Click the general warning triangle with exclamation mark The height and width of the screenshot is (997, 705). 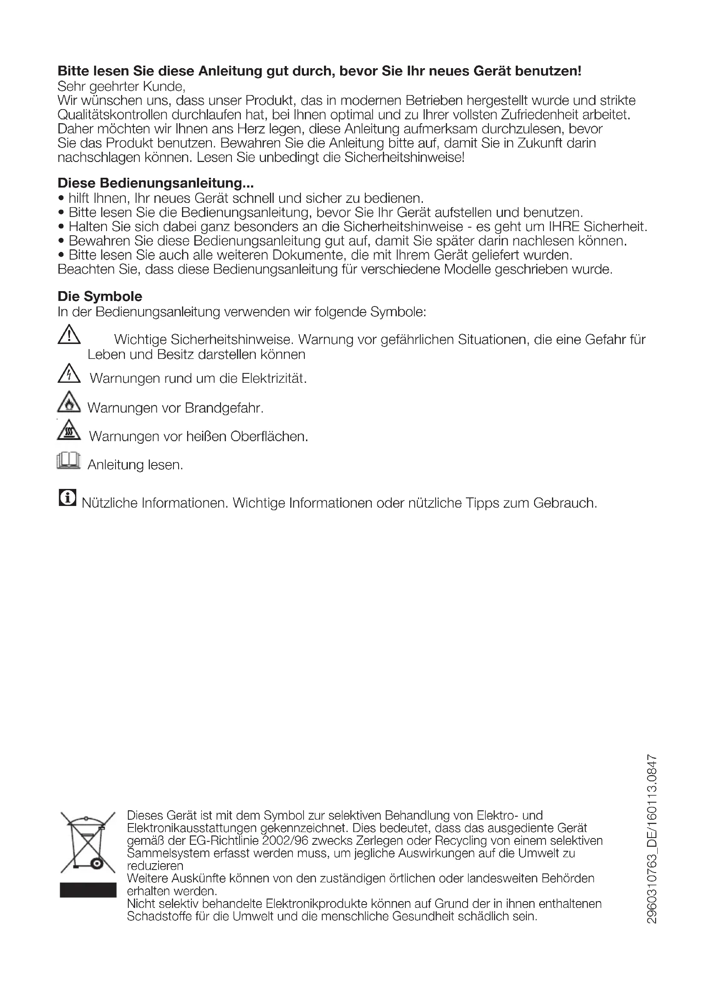[x=69, y=335]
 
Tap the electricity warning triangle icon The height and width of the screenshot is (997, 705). [x=69, y=374]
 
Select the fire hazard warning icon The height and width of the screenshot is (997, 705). [x=69, y=402]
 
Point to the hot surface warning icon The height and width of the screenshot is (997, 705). [x=69, y=431]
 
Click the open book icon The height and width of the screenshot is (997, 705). [x=69, y=461]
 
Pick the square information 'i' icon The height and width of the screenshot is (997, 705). [x=67, y=497]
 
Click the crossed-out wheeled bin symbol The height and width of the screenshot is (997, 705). [x=88, y=842]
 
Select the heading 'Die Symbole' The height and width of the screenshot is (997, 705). [x=100, y=297]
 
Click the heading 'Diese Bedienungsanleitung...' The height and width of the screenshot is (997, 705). [x=156, y=183]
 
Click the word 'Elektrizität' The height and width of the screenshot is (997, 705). [x=274, y=379]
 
